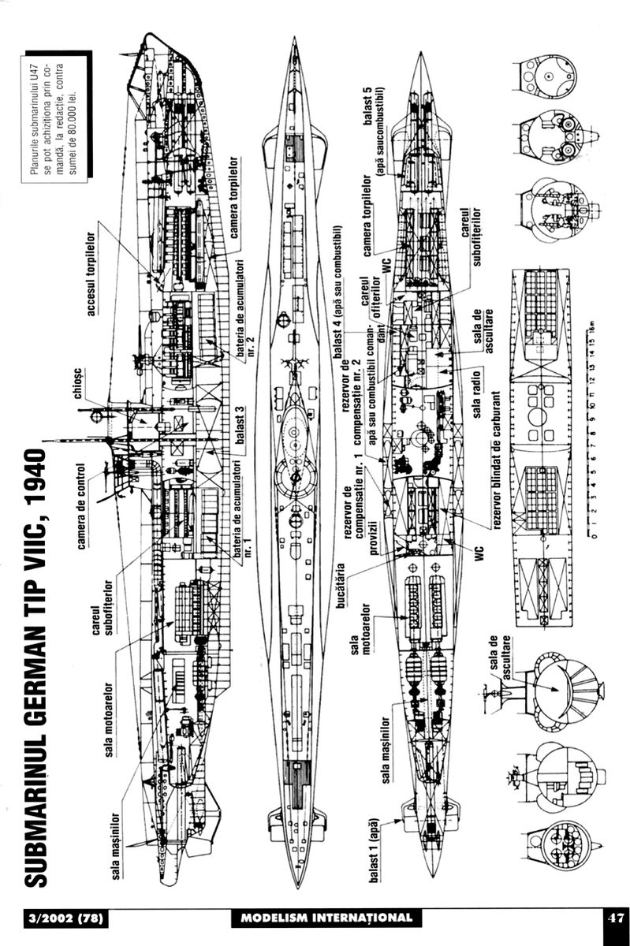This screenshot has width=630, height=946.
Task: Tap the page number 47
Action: pos(614,918)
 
